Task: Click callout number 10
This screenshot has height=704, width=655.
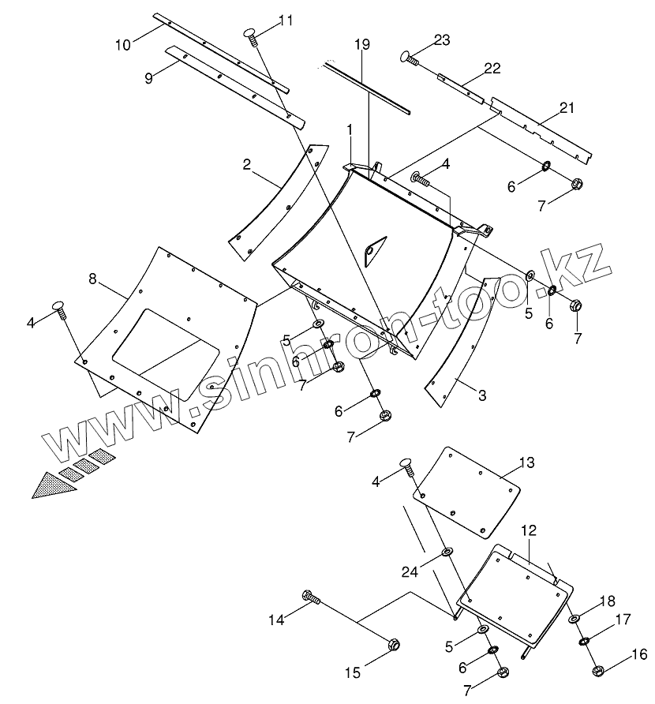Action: pyautogui.click(x=123, y=44)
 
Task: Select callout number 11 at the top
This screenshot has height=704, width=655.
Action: pyautogui.click(x=285, y=21)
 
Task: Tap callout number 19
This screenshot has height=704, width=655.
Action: pyautogui.click(x=361, y=46)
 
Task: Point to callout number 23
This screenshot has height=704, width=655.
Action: pyautogui.click(x=441, y=40)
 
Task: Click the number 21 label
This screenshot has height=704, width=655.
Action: pyautogui.click(x=567, y=107)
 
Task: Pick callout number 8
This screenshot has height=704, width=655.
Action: pyautogui.click(x=92, y=279)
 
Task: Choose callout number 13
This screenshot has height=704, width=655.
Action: pyautogui.click(x=526, y=462)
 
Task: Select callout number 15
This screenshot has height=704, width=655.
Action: pyautogui.click(x=352, y=672)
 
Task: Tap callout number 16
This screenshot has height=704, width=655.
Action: pyautogui.click(x=639, y=654)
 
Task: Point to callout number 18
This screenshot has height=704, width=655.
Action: pyautogui.click(x=606, y=601)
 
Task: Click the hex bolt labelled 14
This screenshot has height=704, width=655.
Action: pyautogui.click(x=310, y=597)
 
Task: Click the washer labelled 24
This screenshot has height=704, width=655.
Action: pyautogui.click(x=447, y=551)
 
